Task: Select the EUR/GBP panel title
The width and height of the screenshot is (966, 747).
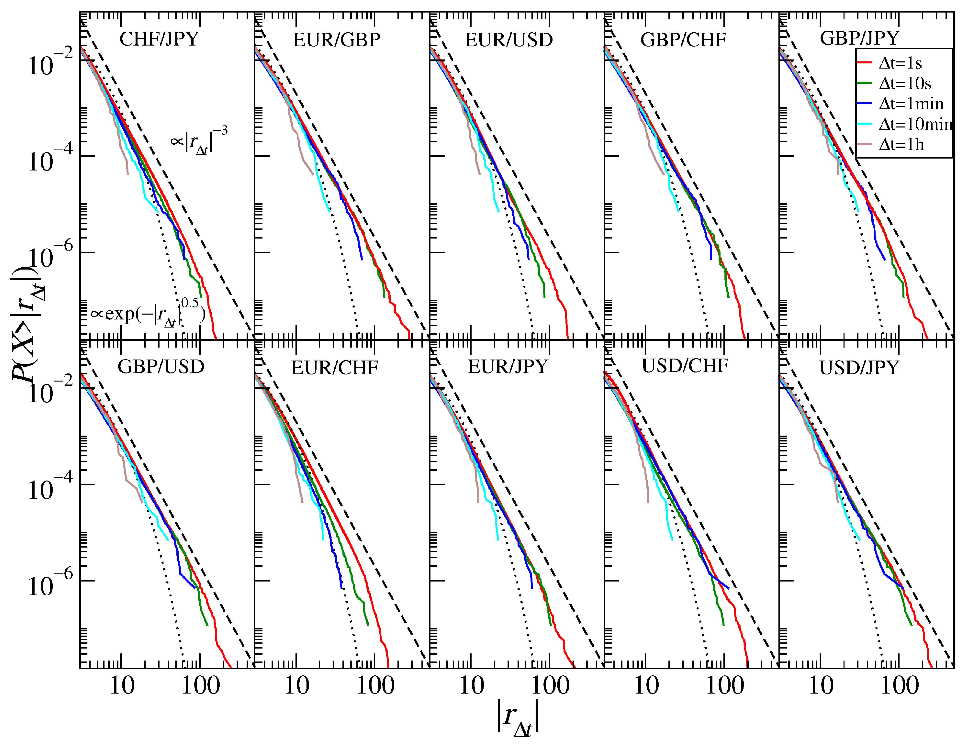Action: point(336,40)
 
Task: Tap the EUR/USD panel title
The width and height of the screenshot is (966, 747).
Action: point(509,40)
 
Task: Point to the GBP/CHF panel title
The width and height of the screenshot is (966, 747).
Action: point(683,40)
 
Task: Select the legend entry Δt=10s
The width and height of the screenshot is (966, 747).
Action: point(904,84)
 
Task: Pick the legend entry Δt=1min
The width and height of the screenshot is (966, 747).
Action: point(911,104)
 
